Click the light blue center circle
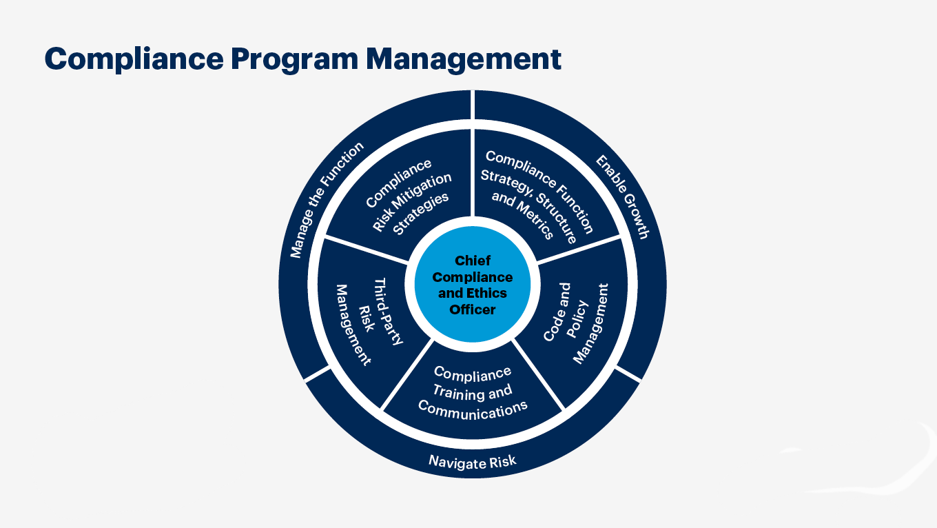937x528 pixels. click(x=473, y=284)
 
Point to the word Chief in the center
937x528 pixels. click(x=473, y=261)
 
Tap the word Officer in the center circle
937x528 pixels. click(x=473, y=309)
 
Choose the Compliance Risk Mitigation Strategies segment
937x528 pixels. click(x=406, y=196)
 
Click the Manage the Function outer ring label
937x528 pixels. click(x=327, y=199)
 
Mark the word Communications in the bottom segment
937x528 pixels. click(x=473, y=409)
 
